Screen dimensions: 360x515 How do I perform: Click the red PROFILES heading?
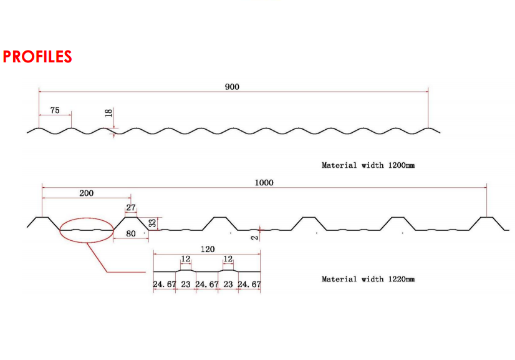(37, 57)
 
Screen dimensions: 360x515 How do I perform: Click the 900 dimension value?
(232, 87)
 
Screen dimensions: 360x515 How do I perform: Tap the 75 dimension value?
(55, 110)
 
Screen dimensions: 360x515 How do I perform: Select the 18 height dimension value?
(108, 113)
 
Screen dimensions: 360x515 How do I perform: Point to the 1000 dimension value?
(264, 182)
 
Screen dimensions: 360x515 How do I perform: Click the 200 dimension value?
(86, 193)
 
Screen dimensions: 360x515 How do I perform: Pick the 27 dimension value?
(131, 208)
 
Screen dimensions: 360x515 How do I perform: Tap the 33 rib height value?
(153, 222)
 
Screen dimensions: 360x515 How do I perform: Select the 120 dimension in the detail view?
(208, 249)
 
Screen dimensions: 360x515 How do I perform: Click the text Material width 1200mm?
(368, 165)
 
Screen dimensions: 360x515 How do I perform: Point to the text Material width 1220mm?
(368, 279)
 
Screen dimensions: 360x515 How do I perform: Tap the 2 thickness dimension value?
(254, 236)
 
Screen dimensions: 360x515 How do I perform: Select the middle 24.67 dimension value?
(207, 285)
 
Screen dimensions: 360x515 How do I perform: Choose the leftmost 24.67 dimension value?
(165, 285)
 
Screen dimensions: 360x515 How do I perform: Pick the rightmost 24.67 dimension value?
(249, 285)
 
